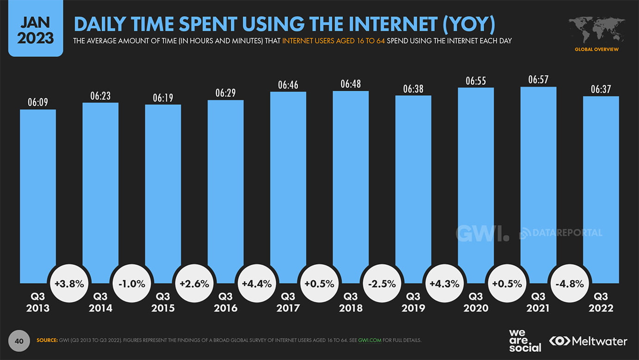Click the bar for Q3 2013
38,194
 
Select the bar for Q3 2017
288,185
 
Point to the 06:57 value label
538,80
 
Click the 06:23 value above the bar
100,96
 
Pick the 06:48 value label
350,84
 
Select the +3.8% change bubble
69,284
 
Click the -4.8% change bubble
569,284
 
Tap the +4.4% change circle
257,284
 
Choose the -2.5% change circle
382,284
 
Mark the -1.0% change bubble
132,284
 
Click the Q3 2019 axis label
413,302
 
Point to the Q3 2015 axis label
163,302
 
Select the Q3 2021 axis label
538,302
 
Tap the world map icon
596,31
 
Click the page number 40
19,341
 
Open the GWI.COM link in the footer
369,341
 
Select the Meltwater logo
588,341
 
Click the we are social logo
525,341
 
